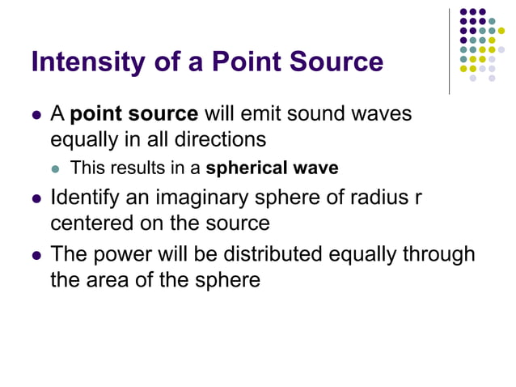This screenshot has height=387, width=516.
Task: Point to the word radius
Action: coord(379,198)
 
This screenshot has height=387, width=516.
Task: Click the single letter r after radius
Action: coord(418,199)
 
